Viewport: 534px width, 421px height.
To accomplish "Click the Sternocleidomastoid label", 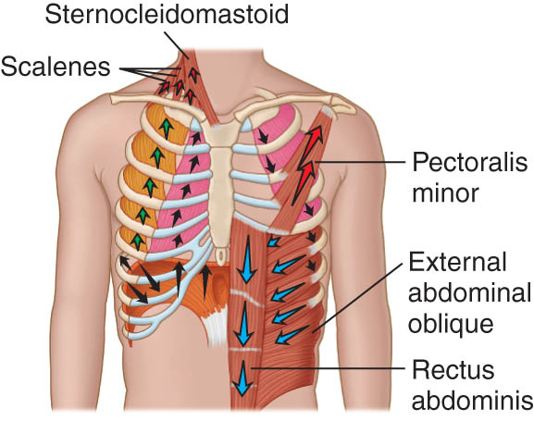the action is click(167, 14).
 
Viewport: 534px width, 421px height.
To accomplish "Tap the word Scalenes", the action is click(56, 67).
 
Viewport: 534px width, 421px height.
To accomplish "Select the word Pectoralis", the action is click(470, 164).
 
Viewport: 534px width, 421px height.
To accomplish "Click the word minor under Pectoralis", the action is click(445, 192).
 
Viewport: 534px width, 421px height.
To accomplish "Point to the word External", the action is click(457, 262).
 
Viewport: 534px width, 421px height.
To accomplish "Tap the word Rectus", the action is click(453, 370).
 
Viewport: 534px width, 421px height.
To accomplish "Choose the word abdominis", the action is click(473, 401).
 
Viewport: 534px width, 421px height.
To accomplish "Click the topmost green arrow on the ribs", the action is click(166, 129).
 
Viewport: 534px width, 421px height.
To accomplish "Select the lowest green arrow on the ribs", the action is click(137, 241).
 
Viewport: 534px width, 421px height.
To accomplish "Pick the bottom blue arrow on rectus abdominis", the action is click(242, 378).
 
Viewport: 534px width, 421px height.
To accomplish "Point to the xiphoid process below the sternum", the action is click(220, 254).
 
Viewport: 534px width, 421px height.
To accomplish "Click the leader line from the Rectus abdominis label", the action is click(328, 368).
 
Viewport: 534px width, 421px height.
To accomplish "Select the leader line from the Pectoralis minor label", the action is click(360, 162).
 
